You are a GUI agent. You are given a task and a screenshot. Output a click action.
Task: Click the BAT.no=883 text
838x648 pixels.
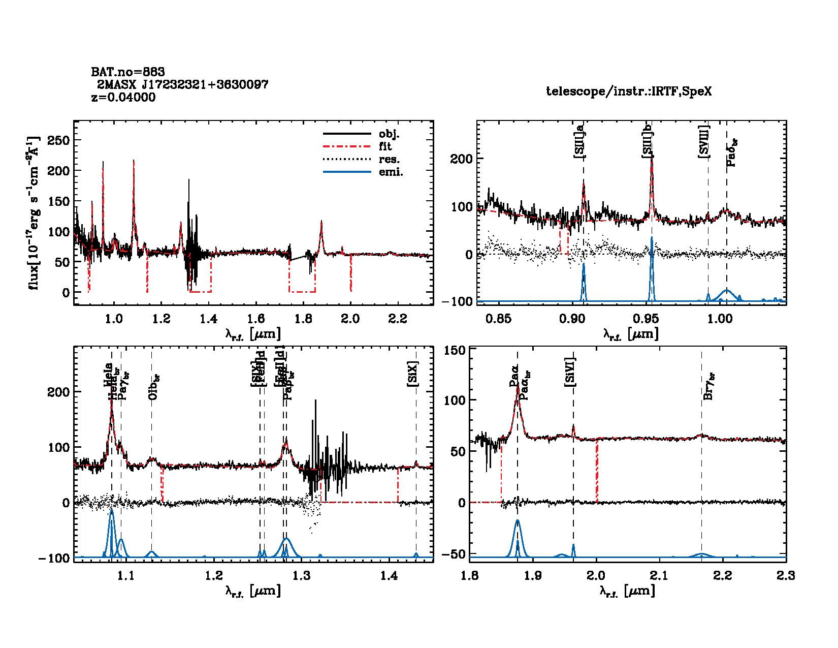click(x=128, y=72)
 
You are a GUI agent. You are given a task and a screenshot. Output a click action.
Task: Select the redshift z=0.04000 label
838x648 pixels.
click(x=123, y=98)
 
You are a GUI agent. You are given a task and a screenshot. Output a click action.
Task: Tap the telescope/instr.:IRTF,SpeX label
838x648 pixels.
click(x=629, y=91)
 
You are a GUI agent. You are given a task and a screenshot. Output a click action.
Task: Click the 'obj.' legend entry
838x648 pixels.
click(x=389, y=134)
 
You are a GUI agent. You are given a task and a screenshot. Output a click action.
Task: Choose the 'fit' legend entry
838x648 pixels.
click(x=385, y=147)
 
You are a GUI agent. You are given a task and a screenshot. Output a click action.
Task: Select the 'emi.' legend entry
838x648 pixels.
click(x=391, y=172)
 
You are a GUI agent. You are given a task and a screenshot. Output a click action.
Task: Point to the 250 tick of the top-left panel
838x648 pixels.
click(x=58, y=140)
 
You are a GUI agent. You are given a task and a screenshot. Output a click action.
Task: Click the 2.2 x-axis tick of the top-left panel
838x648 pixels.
click(x=397, y=319)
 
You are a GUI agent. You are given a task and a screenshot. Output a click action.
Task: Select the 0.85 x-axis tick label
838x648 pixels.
click(x=498, y=319)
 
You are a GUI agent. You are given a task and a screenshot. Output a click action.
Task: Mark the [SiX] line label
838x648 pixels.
click(x=412, y=375)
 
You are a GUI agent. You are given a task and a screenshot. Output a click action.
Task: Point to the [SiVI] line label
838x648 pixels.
click(x=570, y=372)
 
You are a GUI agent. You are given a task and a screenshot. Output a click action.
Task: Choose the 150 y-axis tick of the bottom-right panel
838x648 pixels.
click(x=455, y=351)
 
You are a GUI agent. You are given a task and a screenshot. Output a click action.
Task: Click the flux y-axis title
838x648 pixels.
click(x=34, y=213)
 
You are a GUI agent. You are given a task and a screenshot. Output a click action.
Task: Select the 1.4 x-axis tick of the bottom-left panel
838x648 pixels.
click(x=390, y=576)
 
